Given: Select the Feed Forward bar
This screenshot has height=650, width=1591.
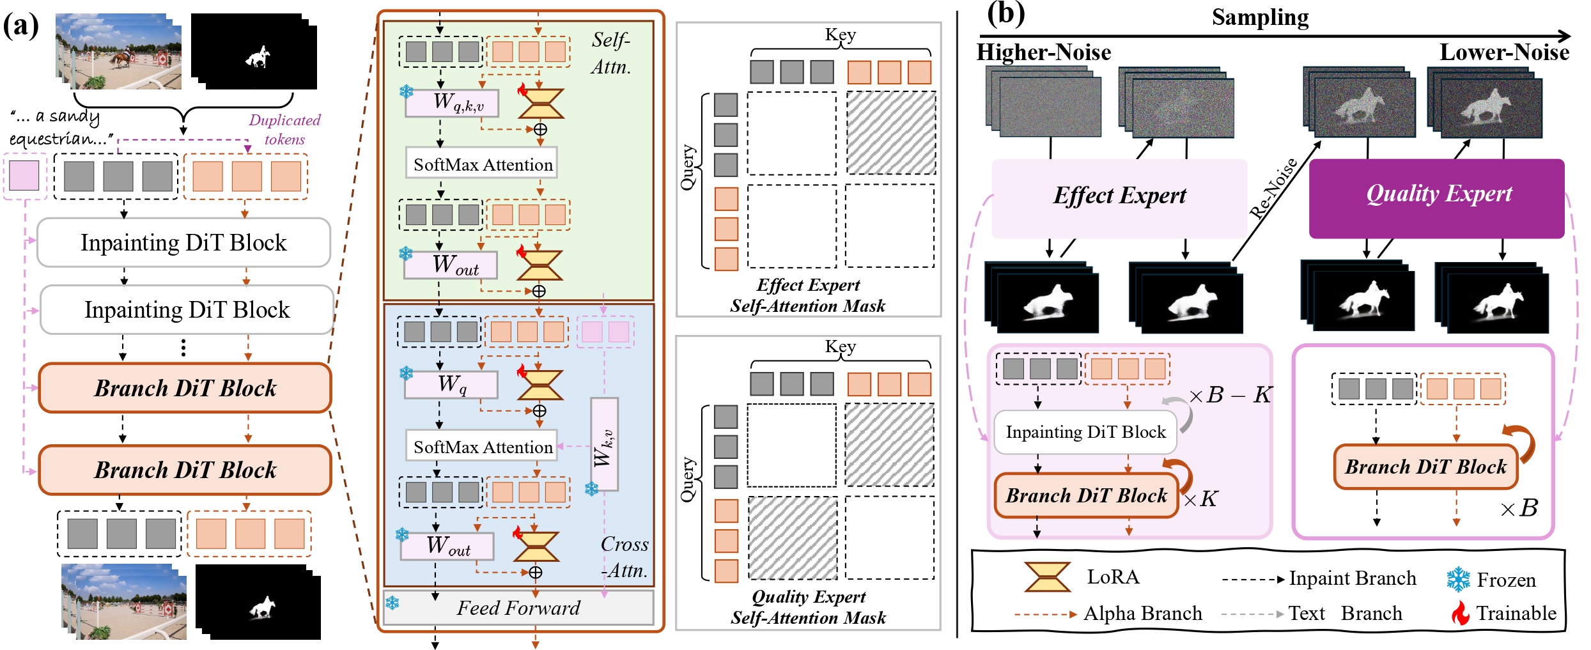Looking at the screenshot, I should point(518,607).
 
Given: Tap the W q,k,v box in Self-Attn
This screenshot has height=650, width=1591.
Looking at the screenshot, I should point(452,103).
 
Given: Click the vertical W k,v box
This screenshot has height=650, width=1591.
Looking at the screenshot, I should point(604,444).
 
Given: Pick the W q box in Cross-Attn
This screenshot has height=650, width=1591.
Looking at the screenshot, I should point(451,384).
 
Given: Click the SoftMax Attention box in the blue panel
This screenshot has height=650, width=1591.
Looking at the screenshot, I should point(482,446).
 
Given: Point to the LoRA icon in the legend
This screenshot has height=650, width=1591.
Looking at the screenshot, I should point(1047,576).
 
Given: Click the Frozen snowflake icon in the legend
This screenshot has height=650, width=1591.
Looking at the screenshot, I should point(1458,579).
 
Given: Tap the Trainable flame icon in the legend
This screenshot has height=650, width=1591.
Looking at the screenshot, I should point(1459,613).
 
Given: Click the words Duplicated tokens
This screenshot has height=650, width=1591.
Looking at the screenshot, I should point(284,129).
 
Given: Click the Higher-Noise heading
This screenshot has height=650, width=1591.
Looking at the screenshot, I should point(1043,52).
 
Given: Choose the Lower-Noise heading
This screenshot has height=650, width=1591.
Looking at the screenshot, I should point(1503,52).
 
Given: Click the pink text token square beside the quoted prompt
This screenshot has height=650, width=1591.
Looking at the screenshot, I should point(24,175).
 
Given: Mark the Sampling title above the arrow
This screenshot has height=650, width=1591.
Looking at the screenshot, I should point(1260,17).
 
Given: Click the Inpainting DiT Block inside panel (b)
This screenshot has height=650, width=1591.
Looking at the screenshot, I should point(1085,432).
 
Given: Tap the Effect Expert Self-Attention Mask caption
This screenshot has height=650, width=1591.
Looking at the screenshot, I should point(808,295).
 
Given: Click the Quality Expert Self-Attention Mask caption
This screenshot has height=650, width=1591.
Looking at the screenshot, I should point(808,607).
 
